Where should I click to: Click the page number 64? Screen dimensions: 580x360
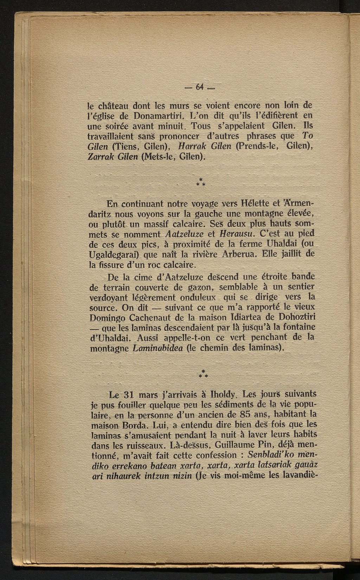coord(200,87)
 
